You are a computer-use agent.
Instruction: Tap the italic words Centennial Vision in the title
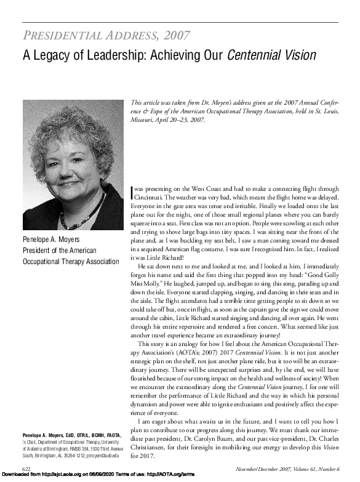tap(271, 56)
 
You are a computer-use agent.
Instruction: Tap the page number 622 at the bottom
tap(28, 469)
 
